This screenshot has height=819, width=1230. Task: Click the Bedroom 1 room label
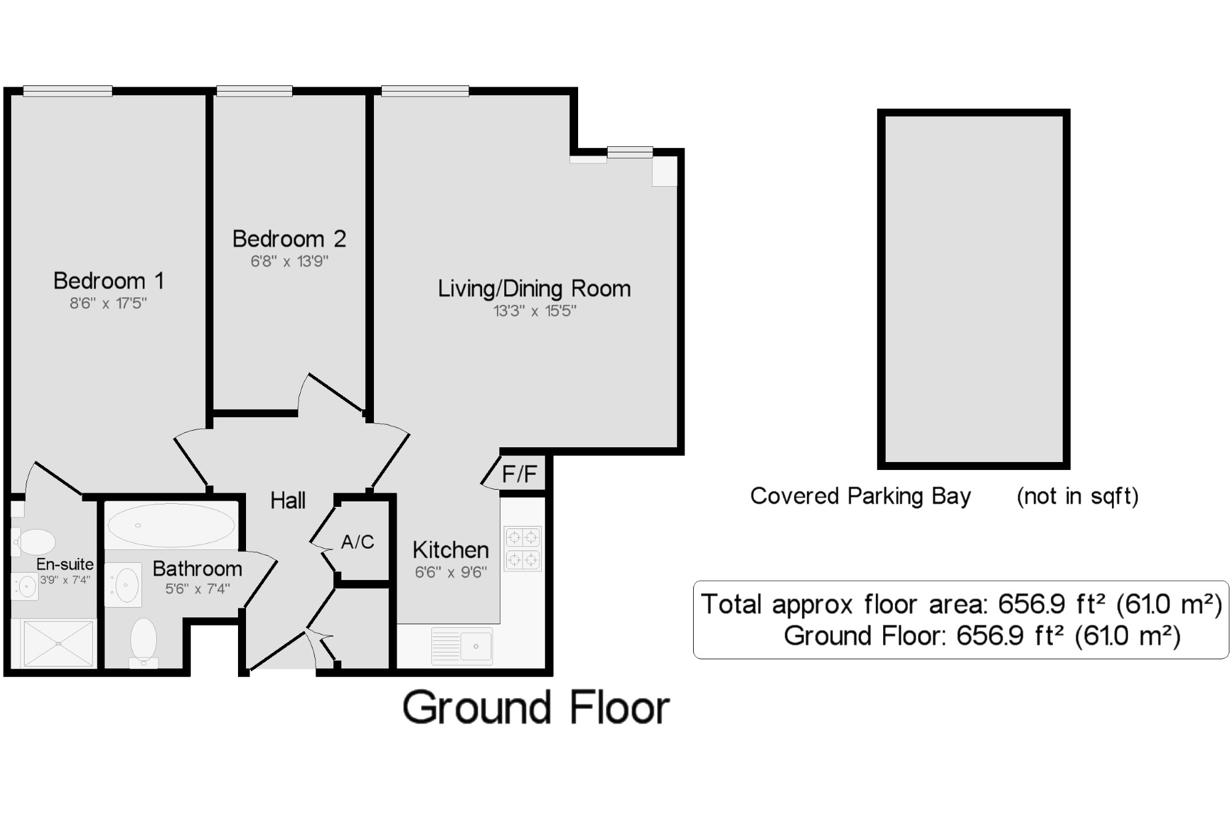tap(109, 281)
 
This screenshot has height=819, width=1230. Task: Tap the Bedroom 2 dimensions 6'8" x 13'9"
tap(289, 261)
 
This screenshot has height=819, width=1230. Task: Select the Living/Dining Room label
tap(534, 288)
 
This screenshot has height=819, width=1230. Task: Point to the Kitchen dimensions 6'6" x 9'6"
tap(451, 572)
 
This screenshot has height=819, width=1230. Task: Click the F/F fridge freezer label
tap(520, 474)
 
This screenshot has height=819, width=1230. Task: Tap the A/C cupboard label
tap(357, 542)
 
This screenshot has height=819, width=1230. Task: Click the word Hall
tap(288, 501)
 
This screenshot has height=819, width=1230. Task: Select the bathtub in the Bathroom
tap(171, 526)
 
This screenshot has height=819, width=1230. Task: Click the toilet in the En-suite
tap(34, 542)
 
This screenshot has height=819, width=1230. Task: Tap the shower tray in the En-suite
tap(58, 643)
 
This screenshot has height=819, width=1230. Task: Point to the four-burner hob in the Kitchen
tap(523, 549)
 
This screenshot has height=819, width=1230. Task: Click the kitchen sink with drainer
tap(462, 646)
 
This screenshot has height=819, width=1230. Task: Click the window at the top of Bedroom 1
tap(68, 91)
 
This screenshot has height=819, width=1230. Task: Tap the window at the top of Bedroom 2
tap(254, 91)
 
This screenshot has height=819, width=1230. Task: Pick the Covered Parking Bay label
tap(860, 496)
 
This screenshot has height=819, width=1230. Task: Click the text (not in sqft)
tap(1077, 496)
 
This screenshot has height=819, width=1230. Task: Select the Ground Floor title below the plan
tap(536, 708)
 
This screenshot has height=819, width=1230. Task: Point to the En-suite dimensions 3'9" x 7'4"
tap(65, 579)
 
